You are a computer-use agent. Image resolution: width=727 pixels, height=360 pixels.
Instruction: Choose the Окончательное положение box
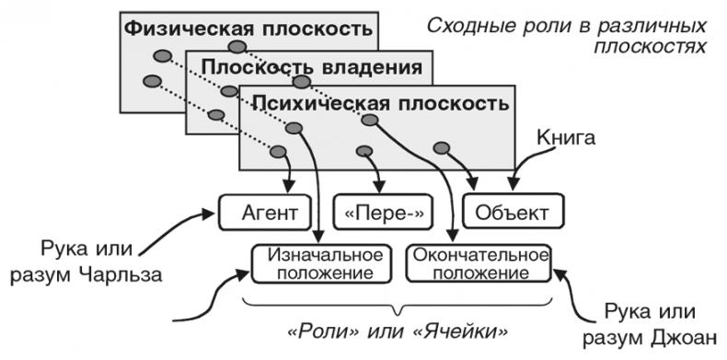point(479,263)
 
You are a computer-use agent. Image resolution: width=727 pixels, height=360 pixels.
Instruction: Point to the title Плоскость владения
point(312,67)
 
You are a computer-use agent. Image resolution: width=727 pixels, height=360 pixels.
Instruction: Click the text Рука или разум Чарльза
point(92,262)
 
